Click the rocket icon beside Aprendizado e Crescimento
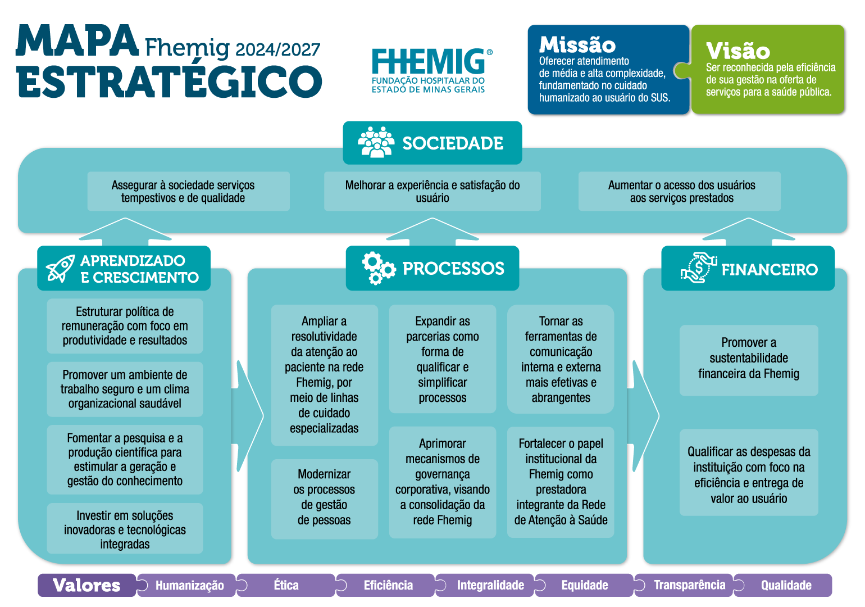click(60, 268)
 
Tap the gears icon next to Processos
click(379, 268)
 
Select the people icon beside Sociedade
click(376, 142)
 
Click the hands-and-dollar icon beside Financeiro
click(699, 268)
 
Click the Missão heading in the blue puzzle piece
click(577, 45)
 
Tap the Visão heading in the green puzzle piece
click(738, 51)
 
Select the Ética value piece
click(286, 585)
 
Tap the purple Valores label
click(87, 585)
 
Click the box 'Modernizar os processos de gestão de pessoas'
click(325, 499)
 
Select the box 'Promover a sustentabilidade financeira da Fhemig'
click(749, 360)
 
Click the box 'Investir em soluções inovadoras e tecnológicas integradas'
click(125, 528)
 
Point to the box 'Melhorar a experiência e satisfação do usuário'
click(432, 191)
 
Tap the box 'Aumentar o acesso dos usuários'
click(680, 191)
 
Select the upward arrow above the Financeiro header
click(749, 232)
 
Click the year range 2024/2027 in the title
click(277, 49)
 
